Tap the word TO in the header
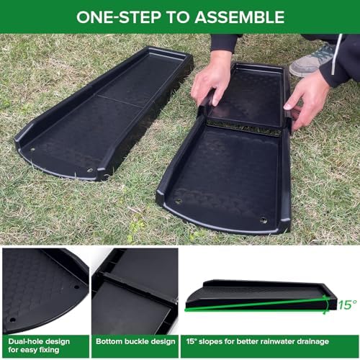click(177, 17)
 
